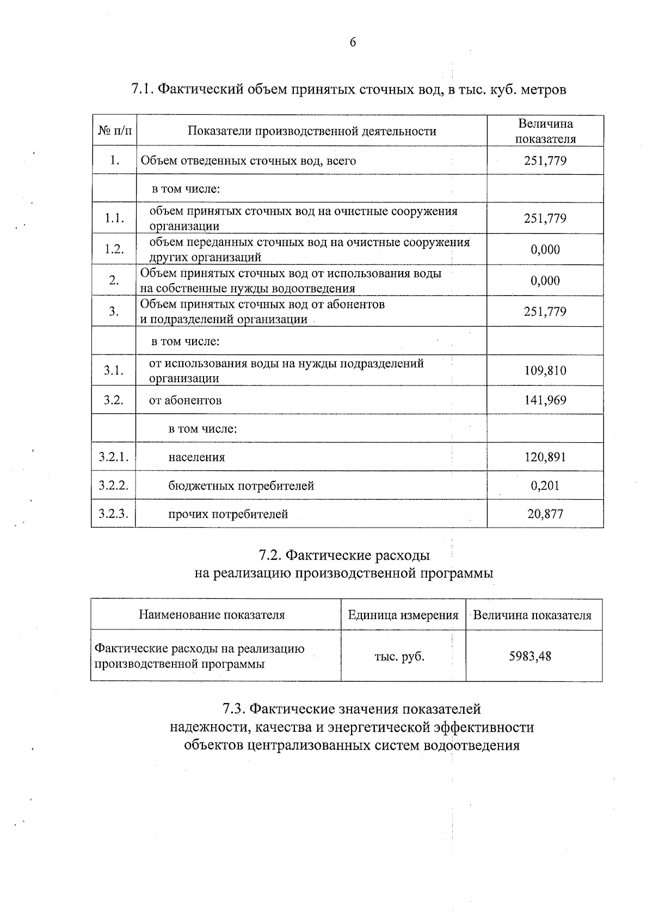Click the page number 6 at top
(353, 42)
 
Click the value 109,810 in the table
(545, 371)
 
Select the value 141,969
(545, 400)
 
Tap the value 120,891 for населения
(545, 457)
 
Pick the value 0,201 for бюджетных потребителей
(545, 485)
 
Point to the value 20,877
(545, 513)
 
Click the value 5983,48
(530, 656)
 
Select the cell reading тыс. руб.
(399, 657)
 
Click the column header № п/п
(114, 131)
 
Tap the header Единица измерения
(403, 615)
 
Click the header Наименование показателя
(212, 615)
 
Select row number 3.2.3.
(113, 513)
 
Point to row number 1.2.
(114, 249)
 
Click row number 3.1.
(114, 371)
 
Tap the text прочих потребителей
(228, 514)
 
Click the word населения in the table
(196, 457)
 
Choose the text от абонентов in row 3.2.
(185, 401)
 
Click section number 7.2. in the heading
(270, 555)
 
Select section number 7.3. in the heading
(233, 709)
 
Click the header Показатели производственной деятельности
(312, 131)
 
